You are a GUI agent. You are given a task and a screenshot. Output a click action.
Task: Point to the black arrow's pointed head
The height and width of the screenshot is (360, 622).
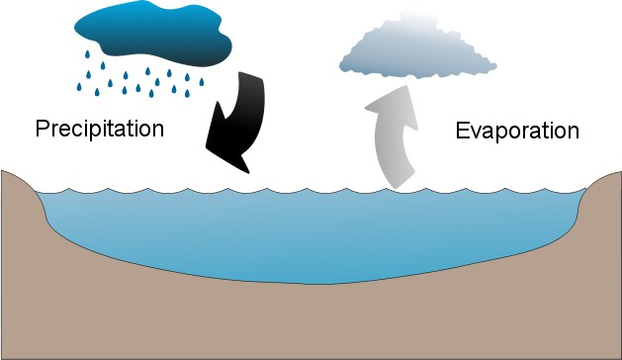[249, 173]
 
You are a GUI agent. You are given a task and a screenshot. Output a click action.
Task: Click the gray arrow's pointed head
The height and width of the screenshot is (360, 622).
[405, 86]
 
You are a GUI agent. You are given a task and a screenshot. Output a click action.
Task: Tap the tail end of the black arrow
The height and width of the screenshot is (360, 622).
[251, 75]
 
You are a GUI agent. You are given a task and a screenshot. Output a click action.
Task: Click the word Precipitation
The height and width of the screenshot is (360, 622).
[100, 129]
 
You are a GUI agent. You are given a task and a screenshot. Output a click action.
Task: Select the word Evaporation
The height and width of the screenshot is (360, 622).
[517, 131]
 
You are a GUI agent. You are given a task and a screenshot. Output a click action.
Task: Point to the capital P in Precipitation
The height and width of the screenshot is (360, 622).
[43, 128]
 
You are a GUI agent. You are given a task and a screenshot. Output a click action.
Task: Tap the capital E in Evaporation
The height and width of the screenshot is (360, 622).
[463, 131]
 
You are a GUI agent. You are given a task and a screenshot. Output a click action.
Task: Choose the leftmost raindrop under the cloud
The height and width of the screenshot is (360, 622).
[79, 87]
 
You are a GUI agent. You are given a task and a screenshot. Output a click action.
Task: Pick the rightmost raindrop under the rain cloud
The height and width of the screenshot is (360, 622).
[202, 82]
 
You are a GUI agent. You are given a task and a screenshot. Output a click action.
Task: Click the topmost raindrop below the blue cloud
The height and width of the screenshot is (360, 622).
[87, 54]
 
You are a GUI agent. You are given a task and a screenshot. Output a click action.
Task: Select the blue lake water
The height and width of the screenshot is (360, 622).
[310, 234]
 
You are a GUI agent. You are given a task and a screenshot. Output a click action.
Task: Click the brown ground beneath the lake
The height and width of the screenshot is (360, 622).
[311, 321]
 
